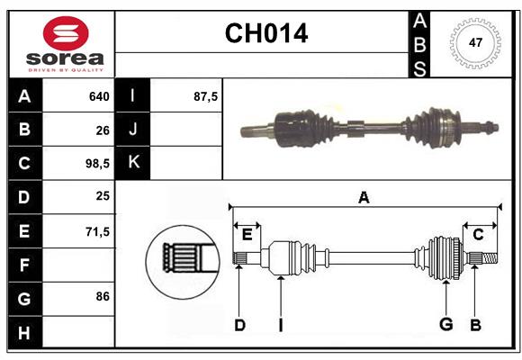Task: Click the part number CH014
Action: tap(265, 34)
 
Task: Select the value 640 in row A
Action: tap(98, 96)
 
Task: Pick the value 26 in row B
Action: tap(102, 130)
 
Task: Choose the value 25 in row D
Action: tap(102, 197)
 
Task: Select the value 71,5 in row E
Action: tap(96, 231)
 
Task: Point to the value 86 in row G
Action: tap(102, 296)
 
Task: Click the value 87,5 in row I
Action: tap(205, 96)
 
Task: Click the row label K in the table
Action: tap(133, 163)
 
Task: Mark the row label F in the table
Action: tap(24, 265)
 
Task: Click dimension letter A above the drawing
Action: tap(364, 197)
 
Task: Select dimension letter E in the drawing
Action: tap(247, 234)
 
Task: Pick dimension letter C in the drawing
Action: tap(478, 234)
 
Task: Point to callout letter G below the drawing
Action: tap(445, 324)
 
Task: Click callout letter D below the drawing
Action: tap(239, 324)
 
